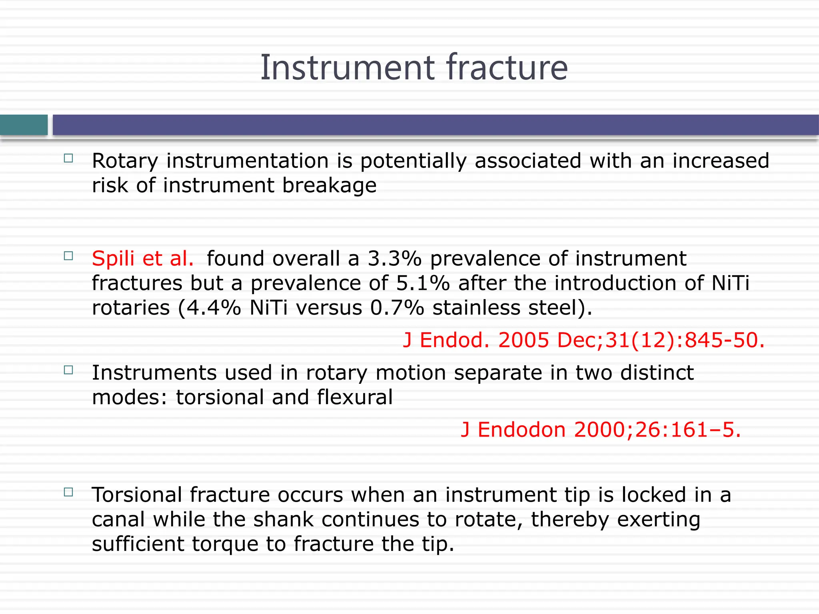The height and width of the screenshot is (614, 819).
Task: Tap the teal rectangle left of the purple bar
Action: click(x=24, y=125)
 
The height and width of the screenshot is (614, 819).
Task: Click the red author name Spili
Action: click(x=113, y=259)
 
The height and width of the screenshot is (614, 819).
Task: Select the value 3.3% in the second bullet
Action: click(x=394, y=259)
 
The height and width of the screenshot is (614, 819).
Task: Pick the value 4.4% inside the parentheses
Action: click(x=214, y=308)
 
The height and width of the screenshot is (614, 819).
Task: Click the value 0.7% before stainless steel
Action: click(x=397, y=308)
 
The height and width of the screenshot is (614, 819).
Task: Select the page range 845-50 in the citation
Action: click(x=724, y=341)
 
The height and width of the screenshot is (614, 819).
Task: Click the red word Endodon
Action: click(x=521, y=430)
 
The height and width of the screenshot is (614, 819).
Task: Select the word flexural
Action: click(x=355, y=397)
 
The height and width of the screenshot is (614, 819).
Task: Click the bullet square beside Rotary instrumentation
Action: click(x=68, y=158)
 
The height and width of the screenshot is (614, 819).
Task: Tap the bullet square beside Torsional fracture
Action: click(x=68, y=492)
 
